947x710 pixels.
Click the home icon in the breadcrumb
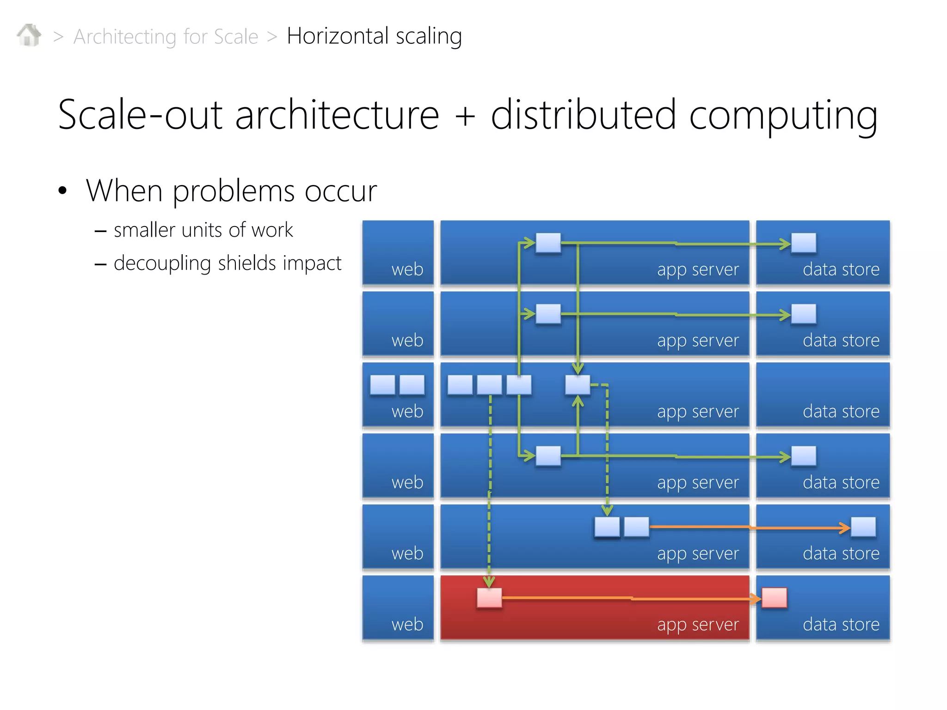(29, 36)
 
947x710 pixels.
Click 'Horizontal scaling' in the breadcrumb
(374, 36)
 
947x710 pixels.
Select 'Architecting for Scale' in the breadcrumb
(166, 37)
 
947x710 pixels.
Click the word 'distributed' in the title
(584, 115)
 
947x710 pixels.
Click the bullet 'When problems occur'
(231, 190)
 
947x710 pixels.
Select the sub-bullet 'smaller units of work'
(203, 230)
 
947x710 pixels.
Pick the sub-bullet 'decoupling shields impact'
(227, 263)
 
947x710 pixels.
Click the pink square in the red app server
(489, 598)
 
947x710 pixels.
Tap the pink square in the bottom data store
(774, 598)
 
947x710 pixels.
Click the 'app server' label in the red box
(698, 624)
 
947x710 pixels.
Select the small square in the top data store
(804, 243)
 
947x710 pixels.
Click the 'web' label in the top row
(407, 269)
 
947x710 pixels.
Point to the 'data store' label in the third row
(841, 411)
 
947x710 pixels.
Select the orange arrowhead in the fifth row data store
(844, 527)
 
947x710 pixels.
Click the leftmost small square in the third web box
(382, 385)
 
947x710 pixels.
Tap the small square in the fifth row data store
(863, 527)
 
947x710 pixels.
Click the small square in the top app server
(548, 243)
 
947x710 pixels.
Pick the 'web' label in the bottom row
(407, 624)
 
